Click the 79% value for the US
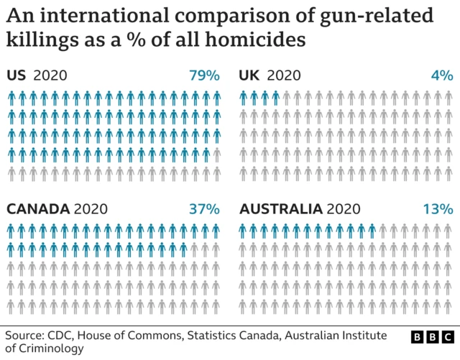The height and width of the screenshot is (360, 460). click(204, 75)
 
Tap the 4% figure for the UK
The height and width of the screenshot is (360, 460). click(441, 75)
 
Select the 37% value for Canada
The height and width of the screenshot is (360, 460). click(204, 209)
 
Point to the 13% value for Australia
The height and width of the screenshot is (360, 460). click(438, 209)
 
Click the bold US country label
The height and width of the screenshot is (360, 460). click(17, 75)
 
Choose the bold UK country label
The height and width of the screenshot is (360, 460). click(249, 75)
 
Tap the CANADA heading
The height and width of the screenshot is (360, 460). click(38, 209)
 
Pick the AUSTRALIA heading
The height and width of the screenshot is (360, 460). click(281, 209)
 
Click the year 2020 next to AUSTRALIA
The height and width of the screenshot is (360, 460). click(343, 209)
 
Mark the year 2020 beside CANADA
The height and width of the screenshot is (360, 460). click(91, 209)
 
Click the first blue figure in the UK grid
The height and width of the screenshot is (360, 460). click(244, 98)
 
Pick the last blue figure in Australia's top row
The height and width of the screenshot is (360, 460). click(372, 230)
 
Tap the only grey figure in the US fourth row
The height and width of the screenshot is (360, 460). click(217, 154)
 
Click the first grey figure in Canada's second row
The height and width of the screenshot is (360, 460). click(195, 249)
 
